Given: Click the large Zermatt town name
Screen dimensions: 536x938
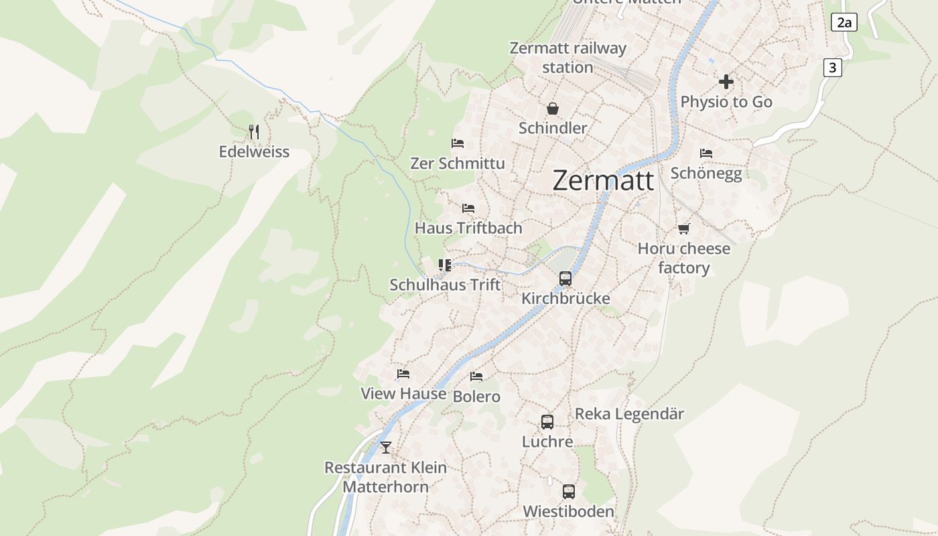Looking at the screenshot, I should (603, 181).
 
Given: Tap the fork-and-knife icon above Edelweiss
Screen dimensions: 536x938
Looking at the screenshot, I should (254, 131).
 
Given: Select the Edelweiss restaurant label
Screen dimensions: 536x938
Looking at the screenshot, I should (254, 151).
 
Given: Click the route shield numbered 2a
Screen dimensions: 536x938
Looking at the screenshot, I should (844, 22).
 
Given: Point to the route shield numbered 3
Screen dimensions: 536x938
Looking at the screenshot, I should (832, 67).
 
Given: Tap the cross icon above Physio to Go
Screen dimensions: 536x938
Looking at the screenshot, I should (726, 82).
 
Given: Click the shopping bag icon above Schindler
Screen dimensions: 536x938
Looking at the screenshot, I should (553, 109).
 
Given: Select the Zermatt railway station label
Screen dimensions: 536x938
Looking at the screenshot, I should (567, 58).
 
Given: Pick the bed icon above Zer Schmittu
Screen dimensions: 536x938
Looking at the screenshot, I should (458, 143).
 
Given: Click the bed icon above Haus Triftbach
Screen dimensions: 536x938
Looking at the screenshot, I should (468, 208).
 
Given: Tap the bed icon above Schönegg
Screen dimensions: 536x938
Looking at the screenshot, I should (706, 153).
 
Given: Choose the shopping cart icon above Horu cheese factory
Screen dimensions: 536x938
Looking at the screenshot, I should (683, 229).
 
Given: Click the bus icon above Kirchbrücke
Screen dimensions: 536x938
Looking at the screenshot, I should (565, 278).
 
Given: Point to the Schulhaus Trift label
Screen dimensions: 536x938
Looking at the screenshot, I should (445, 285).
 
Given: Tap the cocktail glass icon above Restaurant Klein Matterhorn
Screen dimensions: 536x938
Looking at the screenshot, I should (385, 447).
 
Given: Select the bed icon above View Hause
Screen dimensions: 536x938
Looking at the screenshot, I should (403, 374).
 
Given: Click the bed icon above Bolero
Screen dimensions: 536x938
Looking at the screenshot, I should (476, 377).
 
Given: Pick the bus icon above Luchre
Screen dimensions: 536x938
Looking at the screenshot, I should (547, 422).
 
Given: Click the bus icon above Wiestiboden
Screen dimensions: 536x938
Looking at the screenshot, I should (568, 492).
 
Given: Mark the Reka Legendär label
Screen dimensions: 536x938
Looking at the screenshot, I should (629, 414).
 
